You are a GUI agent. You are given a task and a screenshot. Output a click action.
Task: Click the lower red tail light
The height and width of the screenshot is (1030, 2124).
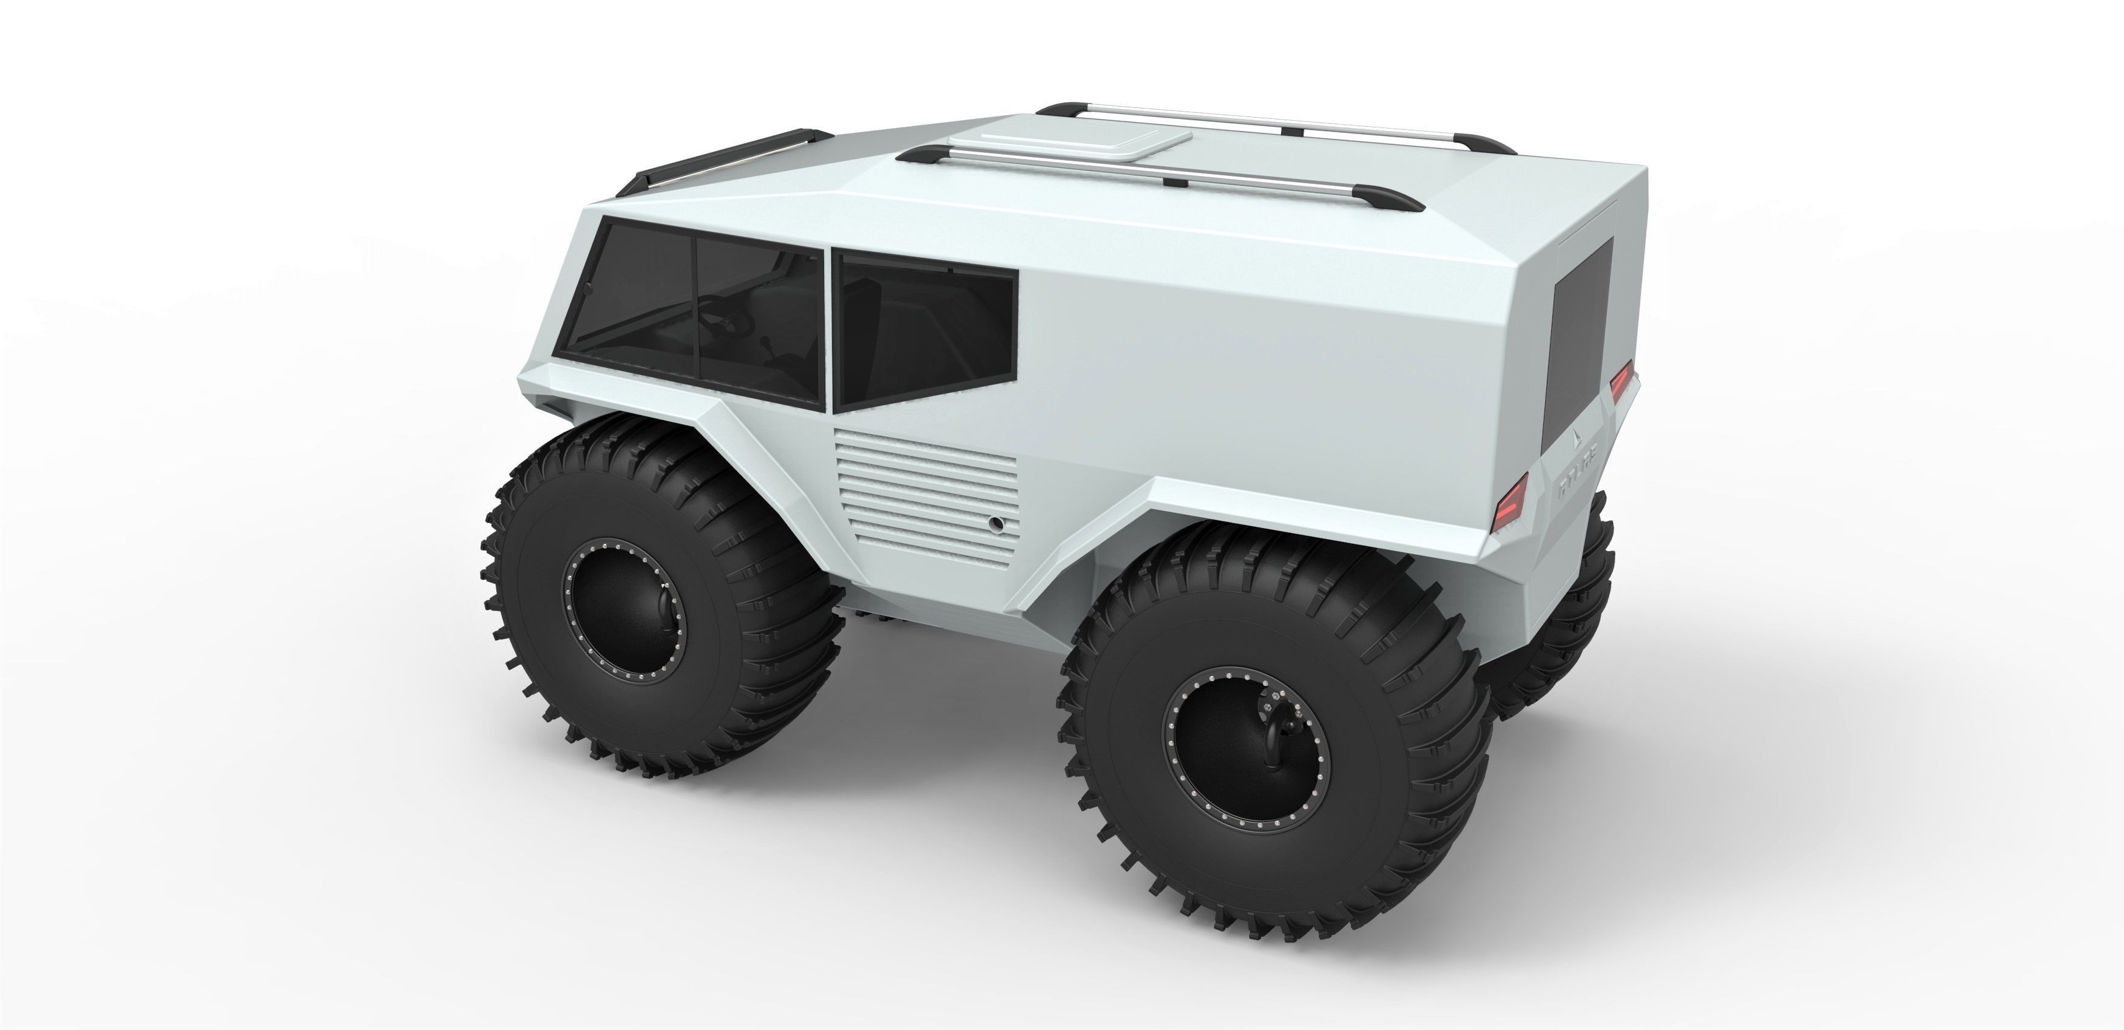[1510, 501]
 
